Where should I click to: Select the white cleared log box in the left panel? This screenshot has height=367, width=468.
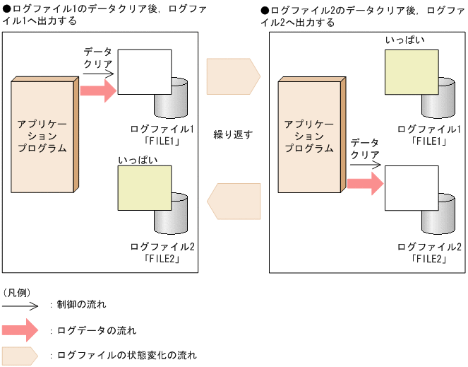click(144, 71)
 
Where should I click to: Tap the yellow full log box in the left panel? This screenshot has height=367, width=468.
click(144, 187)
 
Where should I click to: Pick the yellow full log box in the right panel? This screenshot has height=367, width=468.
click(412, 71)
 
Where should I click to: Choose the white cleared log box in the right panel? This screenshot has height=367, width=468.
click(412, 187)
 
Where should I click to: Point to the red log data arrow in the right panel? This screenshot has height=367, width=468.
click(364, 184)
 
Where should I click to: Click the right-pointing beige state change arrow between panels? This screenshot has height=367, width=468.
click(232, 76)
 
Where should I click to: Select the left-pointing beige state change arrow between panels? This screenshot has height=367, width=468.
click(234, 200)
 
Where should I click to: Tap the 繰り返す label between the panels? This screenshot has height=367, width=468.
click(233, 134)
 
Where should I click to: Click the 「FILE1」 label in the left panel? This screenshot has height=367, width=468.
click(162, 141)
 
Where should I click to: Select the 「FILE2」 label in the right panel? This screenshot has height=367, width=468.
click(430, 258)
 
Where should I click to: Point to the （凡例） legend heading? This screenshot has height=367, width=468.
click(16, 291)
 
